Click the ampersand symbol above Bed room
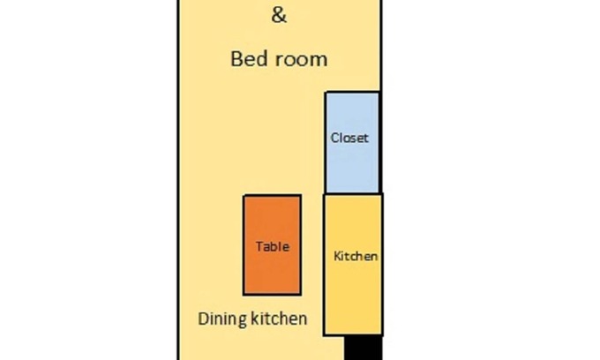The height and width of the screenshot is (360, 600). (x=279, y=15)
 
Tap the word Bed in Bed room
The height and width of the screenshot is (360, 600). (x=249, y=59)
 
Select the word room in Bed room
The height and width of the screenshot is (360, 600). (x=300, y=59)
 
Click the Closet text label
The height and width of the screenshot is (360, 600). (x=349, y=138)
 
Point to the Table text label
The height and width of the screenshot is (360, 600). (x=272, y=247)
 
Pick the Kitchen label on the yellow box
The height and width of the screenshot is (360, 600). (x=356, y=256)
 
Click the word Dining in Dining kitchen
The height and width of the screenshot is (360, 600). (x=221, y=319)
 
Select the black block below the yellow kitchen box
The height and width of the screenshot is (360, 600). (x=363, y=348)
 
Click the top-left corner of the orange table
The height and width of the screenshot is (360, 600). (x=244, y=196)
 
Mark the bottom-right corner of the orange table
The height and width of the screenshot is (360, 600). (x=300, y=294)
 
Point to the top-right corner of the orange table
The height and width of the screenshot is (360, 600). (x=300, y=196)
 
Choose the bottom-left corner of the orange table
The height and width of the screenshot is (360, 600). (x=244, y=294)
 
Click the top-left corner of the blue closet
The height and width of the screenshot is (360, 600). (x=326, y=93)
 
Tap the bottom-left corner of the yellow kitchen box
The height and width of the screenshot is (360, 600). (x=325, y=334)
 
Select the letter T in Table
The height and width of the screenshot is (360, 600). (x=259, y=247)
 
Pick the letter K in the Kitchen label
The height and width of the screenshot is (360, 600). (x=337, y=256)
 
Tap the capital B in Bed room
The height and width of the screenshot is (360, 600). (x=237, y=59)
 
